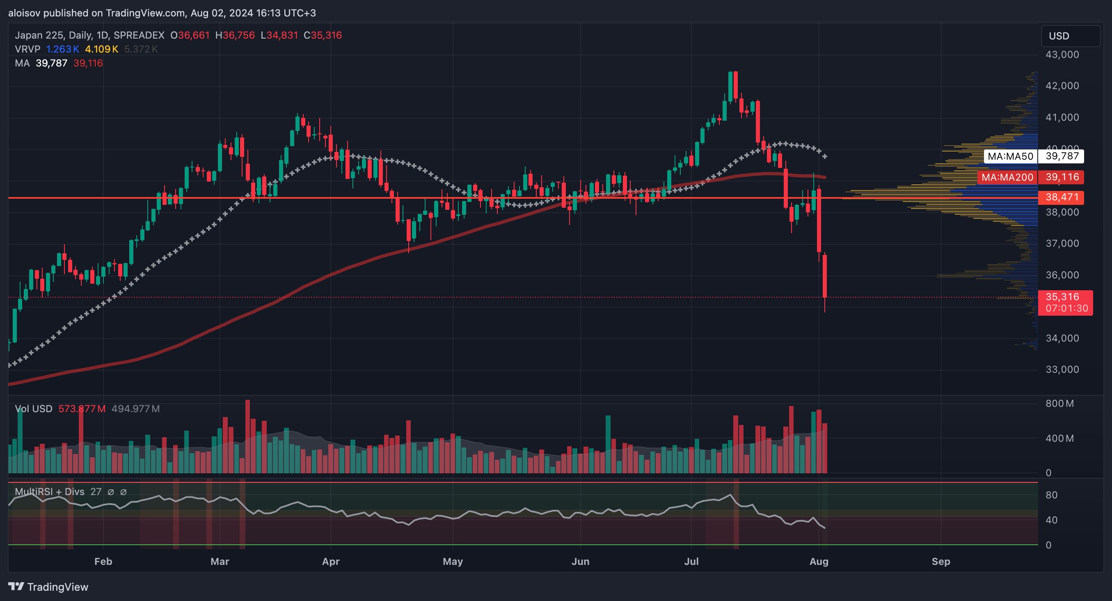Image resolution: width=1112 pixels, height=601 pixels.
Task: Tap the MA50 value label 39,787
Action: coord(1062,156)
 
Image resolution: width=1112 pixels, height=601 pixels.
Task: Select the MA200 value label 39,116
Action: coord(1062,177)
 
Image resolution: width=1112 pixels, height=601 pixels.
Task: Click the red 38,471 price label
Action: coord(1062,198)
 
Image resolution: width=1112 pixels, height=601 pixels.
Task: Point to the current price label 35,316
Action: coord(1062,297)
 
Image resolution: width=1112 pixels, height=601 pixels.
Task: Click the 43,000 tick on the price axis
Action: coord(1062,55)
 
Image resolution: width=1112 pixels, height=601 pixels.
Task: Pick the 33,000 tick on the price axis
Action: coord(1062,369)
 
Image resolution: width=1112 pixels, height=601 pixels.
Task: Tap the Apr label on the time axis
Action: coord(331,561)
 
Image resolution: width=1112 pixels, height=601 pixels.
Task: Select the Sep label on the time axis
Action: coord(940,561)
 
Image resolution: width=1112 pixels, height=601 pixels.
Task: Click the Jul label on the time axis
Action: coord(691,561)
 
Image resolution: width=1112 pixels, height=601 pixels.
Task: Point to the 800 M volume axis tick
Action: coord(1059,404)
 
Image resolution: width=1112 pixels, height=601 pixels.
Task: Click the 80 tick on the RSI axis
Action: coord(1051,495)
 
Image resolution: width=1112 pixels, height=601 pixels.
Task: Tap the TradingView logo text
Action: coord(57,587)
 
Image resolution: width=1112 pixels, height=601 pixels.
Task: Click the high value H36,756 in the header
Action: coord(235,35)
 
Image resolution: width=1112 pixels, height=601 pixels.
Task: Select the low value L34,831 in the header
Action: coord(279,35)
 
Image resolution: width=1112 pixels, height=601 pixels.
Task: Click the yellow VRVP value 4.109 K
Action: coord(101,49)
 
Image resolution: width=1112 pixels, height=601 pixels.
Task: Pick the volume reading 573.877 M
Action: coord(82,408)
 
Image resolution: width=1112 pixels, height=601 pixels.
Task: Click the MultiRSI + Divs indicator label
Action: coord(50,492)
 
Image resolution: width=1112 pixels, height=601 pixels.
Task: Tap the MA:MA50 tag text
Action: coord(1011,156)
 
